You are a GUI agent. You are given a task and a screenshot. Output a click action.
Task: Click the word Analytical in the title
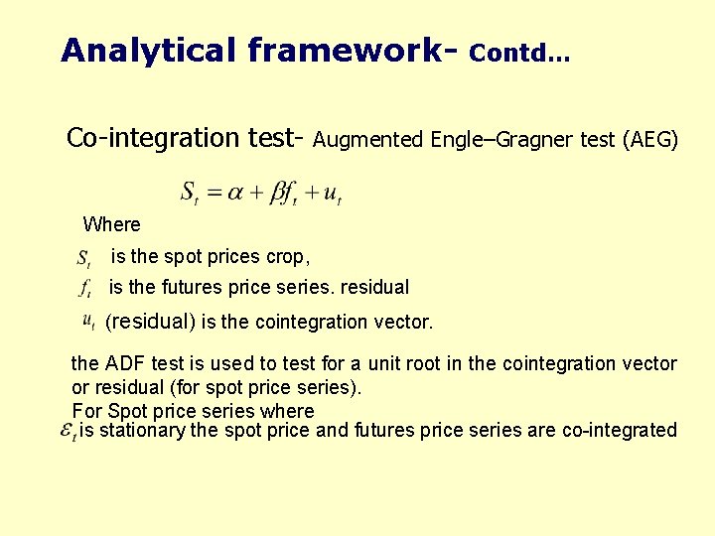[130, 50]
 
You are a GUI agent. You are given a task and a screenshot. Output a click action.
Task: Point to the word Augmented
[368, 140]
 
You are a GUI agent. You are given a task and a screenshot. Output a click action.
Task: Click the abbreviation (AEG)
[649, 140]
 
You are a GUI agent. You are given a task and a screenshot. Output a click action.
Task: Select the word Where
[111, 224]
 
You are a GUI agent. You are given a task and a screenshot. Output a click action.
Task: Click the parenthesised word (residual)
[151, 322]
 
